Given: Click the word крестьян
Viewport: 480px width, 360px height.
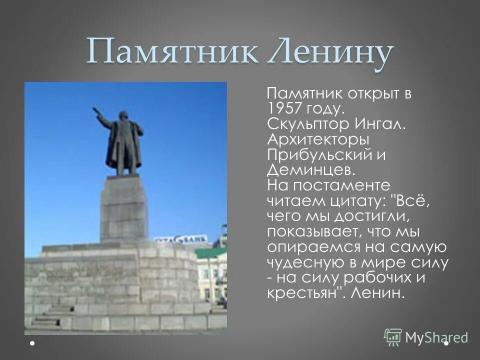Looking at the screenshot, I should pos(302,293).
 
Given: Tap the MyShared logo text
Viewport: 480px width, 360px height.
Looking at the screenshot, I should pos(436,337).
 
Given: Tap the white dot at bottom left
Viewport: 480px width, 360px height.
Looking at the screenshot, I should pos(32,343).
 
